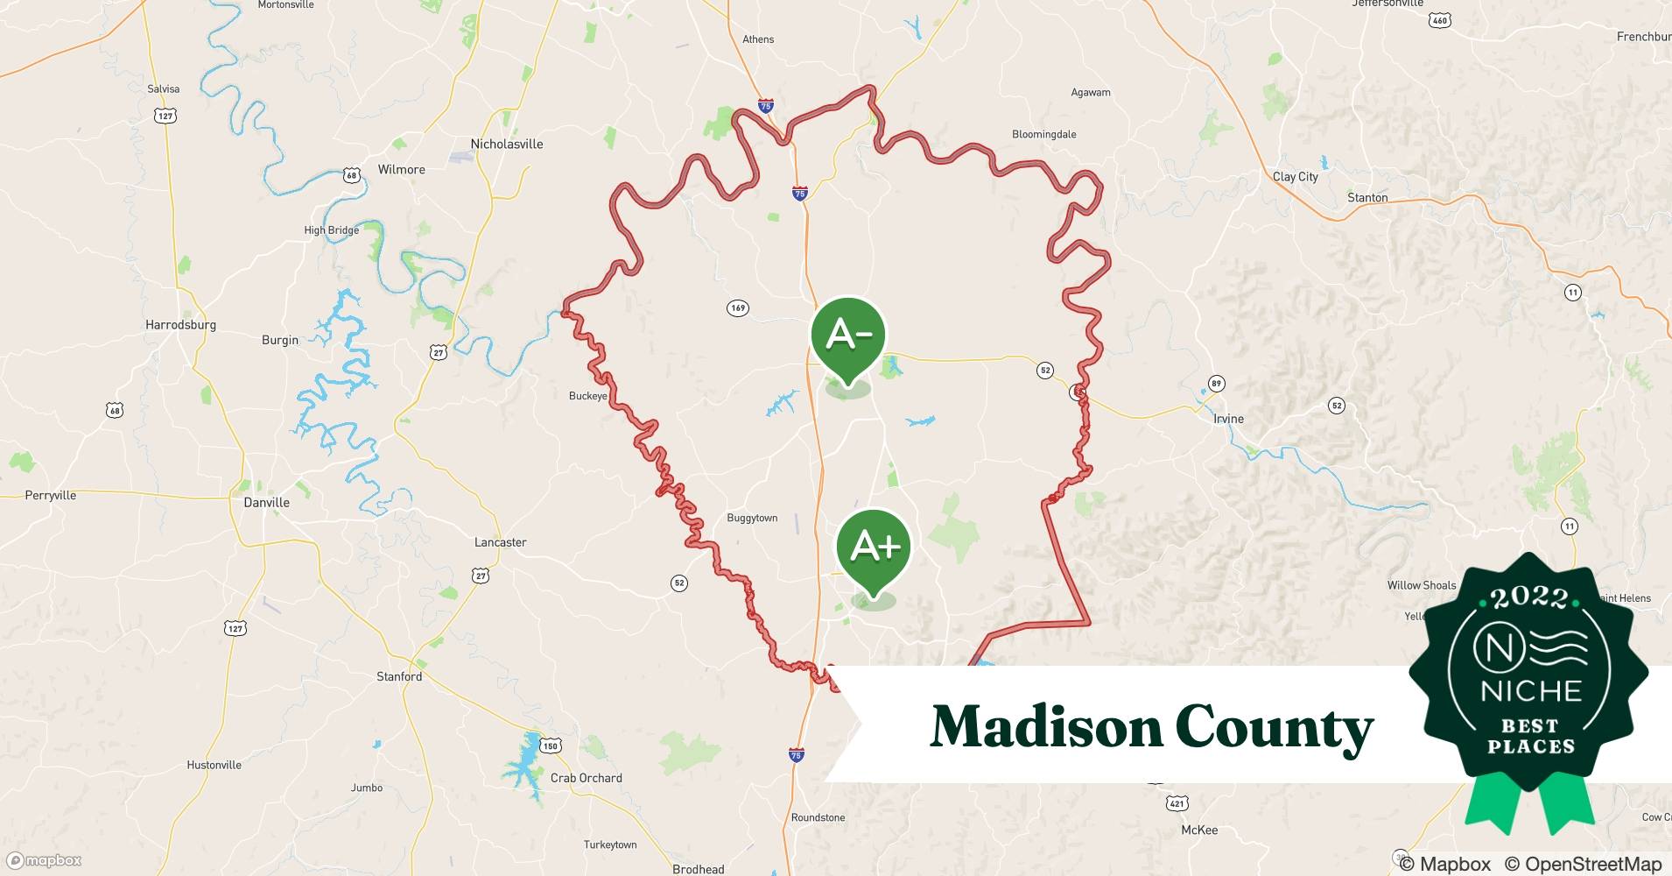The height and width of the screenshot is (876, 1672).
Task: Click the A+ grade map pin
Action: (x=874, y=547)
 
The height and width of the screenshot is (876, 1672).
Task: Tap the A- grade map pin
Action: (x=847, y=335)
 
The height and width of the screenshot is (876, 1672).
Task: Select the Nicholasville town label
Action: (x=507, y=145)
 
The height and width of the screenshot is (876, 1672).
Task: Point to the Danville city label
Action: (x=266, y=503)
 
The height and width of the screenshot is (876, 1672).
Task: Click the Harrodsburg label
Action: (x=180, y=325)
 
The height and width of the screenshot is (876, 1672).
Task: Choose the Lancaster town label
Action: (x=500, y=543)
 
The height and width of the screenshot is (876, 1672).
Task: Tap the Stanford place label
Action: (x=399, y=677)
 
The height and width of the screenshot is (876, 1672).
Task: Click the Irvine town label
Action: (x=1228, y=419)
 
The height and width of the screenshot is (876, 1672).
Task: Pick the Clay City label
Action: (x=1295, y=177)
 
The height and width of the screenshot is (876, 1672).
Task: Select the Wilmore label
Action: (x=401, y=170)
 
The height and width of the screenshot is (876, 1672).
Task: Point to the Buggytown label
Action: (x=752, y=519)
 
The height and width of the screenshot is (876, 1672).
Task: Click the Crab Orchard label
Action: (x=586, y=779)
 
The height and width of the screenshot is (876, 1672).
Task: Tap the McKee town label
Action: (x=1199, y=830)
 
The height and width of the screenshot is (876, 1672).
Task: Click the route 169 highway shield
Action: (x=738, y=308)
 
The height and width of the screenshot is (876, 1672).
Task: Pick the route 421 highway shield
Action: (x=1177, y=803)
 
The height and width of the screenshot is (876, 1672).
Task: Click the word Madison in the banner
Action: (x=1043, y=728)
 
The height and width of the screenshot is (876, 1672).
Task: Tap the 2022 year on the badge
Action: (x=1529, y=598)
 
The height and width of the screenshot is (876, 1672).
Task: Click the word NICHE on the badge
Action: (x=1531, y=691)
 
